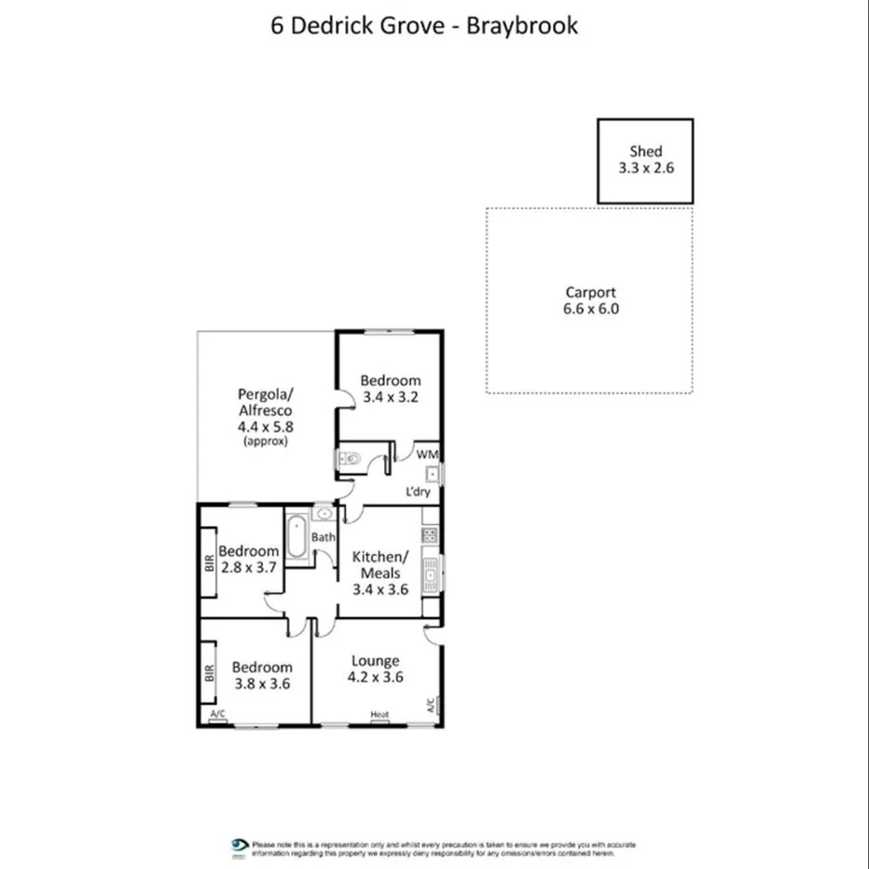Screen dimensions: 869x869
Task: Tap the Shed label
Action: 645,151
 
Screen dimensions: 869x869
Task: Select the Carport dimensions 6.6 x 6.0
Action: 591,309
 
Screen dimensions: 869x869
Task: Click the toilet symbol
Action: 349,457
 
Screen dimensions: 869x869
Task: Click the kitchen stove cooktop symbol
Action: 430,535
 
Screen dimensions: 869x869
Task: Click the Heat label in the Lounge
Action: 379,715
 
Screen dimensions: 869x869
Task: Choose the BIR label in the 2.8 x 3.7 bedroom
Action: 210,563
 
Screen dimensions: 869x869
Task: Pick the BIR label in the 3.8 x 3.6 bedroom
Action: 210,672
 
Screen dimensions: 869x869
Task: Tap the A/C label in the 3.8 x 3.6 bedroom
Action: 218,715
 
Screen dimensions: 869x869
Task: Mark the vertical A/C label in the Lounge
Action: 431,706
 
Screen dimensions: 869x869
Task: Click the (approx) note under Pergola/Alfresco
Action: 265,441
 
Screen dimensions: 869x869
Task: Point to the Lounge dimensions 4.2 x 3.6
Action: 375,678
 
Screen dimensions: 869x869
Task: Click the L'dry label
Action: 417,491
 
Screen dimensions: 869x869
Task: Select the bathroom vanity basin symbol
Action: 323,513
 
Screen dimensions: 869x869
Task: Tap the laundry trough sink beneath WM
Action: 433,475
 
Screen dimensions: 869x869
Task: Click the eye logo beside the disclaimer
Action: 240,846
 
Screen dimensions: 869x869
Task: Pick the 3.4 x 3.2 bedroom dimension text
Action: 391,396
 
